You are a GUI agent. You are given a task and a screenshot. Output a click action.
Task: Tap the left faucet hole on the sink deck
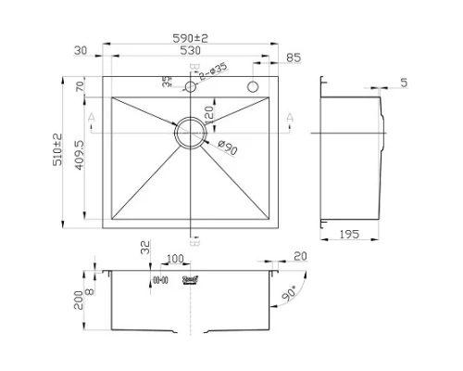point(190,87)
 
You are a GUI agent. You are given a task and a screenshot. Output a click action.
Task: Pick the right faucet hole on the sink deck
point(251,87)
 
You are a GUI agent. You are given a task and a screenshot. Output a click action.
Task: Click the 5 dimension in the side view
point(404,83)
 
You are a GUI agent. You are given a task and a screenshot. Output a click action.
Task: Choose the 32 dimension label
point(144,248)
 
